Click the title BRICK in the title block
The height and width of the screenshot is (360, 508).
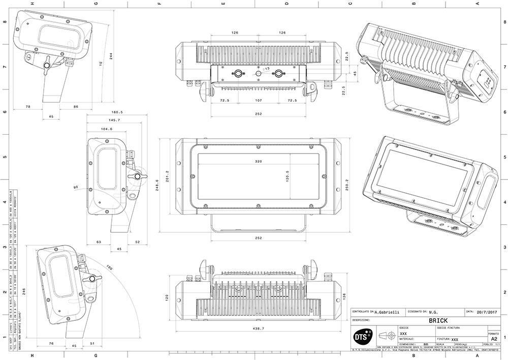click(x=437, y=321)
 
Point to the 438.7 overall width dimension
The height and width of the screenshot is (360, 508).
click(x=258, y=329)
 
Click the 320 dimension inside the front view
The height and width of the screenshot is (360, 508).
click(x=258, y=161)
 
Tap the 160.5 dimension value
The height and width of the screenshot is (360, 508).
click(x=118, y=112)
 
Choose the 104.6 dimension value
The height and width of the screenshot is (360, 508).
click(x=107, y=129)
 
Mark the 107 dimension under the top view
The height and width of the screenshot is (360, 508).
click(x=258, y=101)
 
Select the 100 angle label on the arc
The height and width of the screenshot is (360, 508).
click(x=109, y=268)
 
